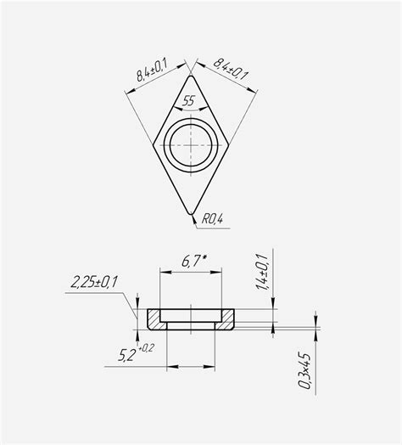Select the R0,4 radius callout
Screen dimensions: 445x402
pyautogui.click(x=211, y=221)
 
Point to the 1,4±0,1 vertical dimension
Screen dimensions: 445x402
pyautogui.click(x=261, y=273)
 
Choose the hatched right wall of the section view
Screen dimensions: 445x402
pyautogui.click(x=226, y=319)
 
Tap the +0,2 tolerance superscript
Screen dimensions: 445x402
pyautogui.click(x=148, y=348)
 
